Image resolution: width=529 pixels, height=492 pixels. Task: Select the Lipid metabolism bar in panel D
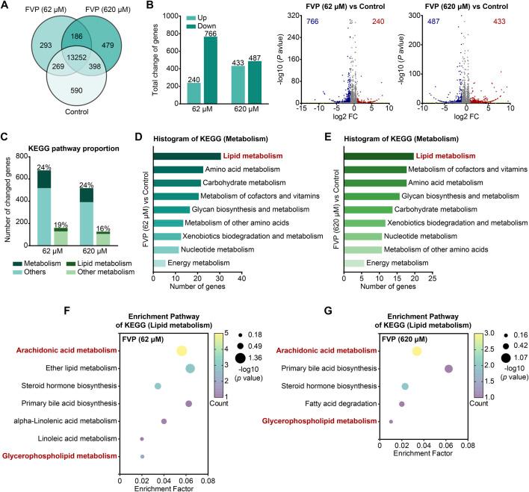tap(187, 156)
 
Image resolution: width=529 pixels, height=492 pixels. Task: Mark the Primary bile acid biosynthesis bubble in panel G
tap(448, 368)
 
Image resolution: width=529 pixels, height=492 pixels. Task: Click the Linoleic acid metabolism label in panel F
tap(78, 439)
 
